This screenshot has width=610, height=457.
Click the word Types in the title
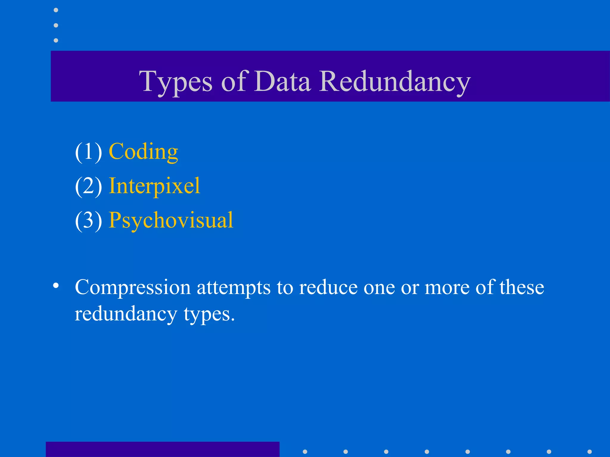pos(176,82)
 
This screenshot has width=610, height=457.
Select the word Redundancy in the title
pos(395,82)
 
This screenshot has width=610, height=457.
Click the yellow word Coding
pos(143,152)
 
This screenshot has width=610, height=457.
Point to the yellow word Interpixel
pos(154,186)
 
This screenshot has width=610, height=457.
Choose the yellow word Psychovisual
pos(171,220)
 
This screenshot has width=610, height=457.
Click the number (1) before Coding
pos(88,152)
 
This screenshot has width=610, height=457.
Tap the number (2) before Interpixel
pos(88,186)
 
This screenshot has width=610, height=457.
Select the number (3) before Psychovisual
pos(88,220)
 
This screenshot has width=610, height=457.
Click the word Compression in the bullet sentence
pos(133,288)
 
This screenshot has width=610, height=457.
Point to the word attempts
pos(234,288)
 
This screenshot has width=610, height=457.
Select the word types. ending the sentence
pos(209,314)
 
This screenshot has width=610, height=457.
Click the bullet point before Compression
pos(56,286)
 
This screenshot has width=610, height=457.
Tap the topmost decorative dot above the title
pos(56,10)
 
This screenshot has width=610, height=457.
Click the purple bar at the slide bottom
pos(162,449)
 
